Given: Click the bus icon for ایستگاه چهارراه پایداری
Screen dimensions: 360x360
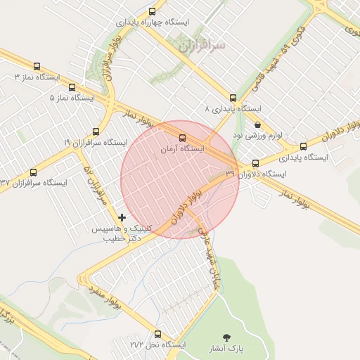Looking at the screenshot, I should tap(153, 11).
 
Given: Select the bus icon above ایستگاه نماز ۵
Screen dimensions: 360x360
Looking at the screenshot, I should tap(72, 87).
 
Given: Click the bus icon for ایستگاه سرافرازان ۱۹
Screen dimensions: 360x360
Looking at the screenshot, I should tap(96, 131).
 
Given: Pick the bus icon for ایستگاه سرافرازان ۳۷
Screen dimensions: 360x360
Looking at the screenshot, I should tap(32, 172).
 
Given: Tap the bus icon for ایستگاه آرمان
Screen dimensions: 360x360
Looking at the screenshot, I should tap(183, 138).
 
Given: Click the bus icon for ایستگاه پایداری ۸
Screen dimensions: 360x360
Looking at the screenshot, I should tap(233, 98).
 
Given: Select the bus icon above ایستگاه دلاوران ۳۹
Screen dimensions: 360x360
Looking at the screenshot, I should tap(255, 163).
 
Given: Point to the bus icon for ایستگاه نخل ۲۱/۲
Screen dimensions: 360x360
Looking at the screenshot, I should tap(157, 335).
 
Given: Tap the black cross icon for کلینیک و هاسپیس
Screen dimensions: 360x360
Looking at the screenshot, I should tap(124, 217).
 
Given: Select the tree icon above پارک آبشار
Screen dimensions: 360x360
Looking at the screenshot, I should tap(226, 337).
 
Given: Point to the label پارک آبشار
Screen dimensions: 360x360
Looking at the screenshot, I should tap(225, 349).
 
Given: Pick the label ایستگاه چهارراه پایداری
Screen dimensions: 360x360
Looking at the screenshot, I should tap(153, 22).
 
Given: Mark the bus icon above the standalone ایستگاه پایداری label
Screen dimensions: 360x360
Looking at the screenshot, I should tap(303, 147).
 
